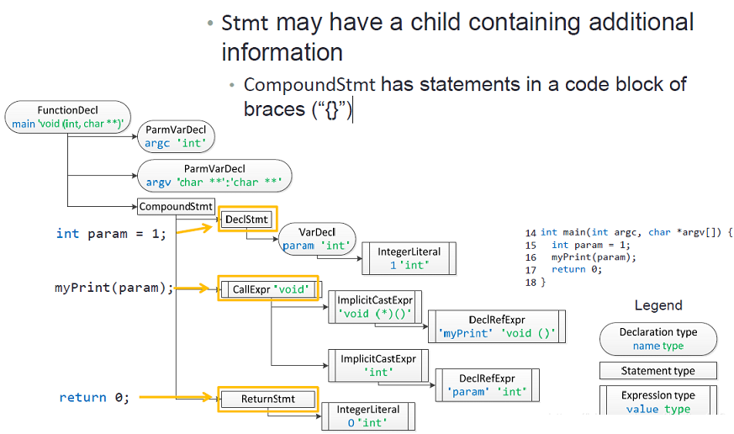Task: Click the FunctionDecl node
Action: point(68,117)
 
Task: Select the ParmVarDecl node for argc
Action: point(176,136)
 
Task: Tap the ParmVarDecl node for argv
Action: point(214,176)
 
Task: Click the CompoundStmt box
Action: point(176,206)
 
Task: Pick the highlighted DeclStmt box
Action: point(247,220)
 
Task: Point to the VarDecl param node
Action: point(317,239)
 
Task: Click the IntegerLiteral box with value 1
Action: point(409,258)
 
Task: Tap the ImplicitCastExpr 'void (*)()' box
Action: point(375,307)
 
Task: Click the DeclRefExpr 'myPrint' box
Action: point(497,326)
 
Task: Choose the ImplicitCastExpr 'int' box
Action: point(378,366)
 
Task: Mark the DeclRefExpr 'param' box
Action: point(488,385)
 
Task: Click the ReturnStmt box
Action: point(267,399)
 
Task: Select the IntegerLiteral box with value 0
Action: point(368,416)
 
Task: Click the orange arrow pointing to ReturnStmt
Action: point(176,397)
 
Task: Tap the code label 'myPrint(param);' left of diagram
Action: point(114,288)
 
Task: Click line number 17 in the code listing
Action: point(531,270)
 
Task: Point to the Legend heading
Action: point(658,305)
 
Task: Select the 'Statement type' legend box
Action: point(658,371)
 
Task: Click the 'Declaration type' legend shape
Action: point(658,339)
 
